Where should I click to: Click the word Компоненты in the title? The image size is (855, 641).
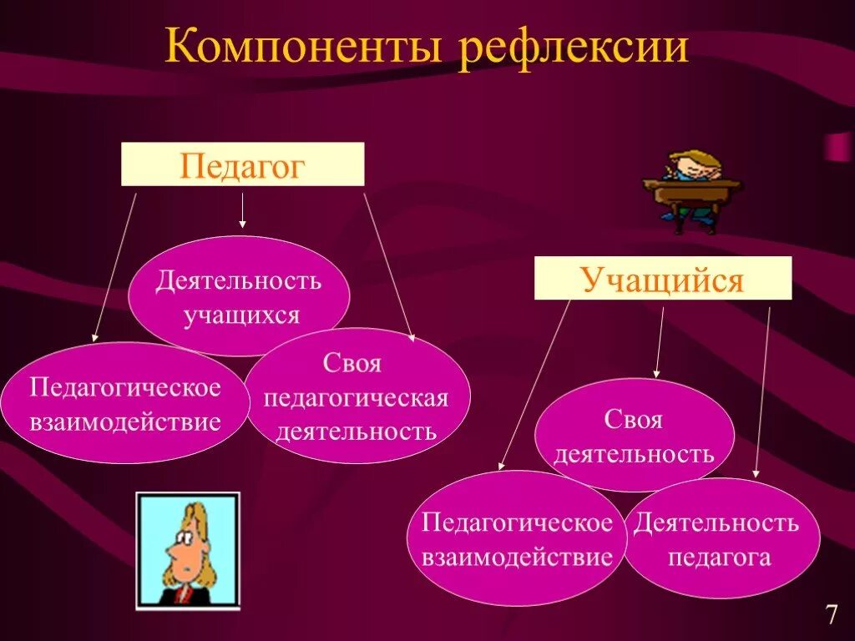(x=305, y=48)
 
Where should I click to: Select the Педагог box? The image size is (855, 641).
(x=242, y=164)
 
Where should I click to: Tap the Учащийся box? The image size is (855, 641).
(x=662, y=278)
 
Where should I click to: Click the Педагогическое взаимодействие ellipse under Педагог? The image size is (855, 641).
(x=125, y=404)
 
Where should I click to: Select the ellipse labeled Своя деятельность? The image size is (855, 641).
(x=634, y=436)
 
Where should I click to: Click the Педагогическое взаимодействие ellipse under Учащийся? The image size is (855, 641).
(x=517, y=539)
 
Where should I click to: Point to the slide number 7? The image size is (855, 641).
(x=831, y=616)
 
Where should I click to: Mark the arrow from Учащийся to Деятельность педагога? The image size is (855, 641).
(x=762, y=392)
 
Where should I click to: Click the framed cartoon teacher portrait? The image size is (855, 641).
(x=187, y=551)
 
